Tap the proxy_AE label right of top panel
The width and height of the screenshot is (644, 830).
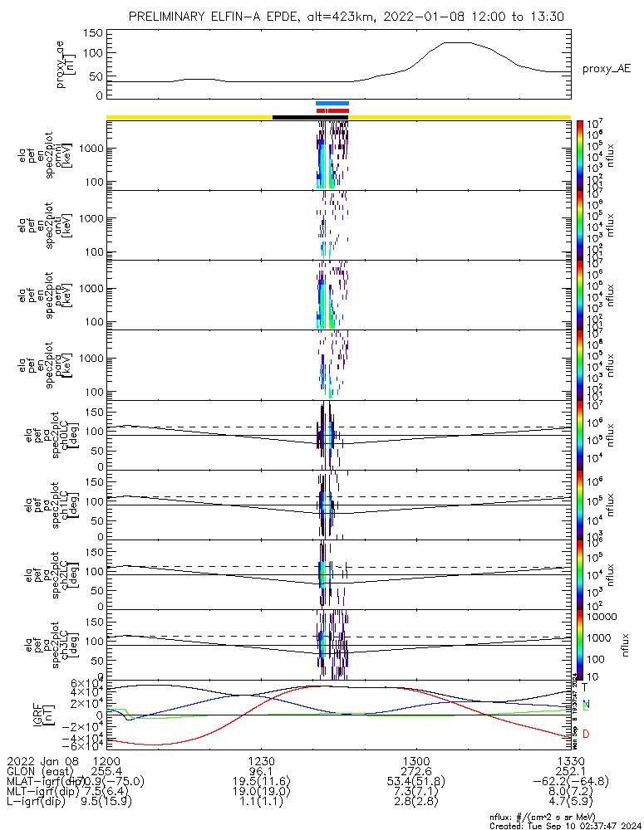[x=605, y=69]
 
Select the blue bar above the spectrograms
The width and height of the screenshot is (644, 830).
[x=332, y=103]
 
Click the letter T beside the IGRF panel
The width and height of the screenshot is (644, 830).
[x=585, y=687]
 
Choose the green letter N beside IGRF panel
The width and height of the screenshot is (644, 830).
[x=585, y=705]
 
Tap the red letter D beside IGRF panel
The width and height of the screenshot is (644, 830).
[x=585, y=735]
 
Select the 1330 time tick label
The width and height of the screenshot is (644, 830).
[x=570, y=760]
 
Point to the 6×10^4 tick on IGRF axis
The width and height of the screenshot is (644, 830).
[x=83, y=683]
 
